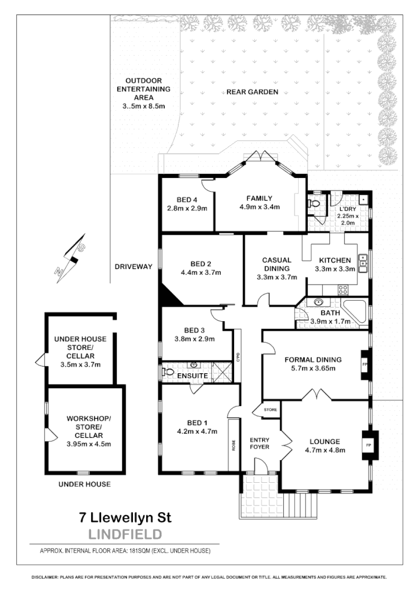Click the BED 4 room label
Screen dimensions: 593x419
187,199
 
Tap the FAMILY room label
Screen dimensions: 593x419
259,198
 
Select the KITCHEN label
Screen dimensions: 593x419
335,260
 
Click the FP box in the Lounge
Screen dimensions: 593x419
369,446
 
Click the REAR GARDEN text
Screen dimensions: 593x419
252,92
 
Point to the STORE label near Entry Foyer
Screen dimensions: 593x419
271,410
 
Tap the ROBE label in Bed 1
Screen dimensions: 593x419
233,446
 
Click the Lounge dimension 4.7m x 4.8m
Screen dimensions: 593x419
325,450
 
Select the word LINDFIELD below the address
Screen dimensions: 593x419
125,533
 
